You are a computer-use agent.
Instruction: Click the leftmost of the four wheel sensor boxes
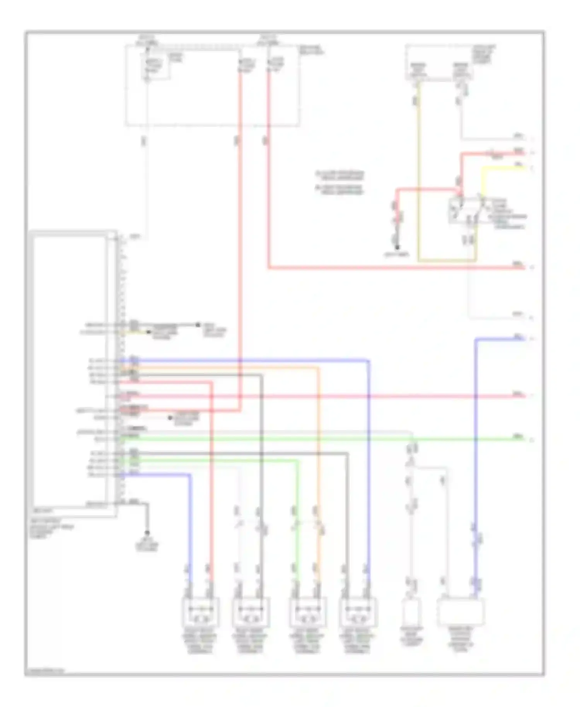click(x=200, y=612)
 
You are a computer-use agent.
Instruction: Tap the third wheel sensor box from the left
click(x=308, y=612)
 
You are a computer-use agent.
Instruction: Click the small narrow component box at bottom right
click(x=412, y=613)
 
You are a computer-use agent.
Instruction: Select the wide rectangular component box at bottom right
click(x=460, y=612)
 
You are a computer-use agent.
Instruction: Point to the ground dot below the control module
click(x=147, y=533)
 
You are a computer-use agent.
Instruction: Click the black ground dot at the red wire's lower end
click(x=397, y=246)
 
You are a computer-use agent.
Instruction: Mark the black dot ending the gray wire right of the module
click(x=198, y=324)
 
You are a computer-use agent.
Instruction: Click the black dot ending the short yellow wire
click(x=148, y=332)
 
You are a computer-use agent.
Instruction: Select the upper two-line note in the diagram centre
click(x=339, y=175)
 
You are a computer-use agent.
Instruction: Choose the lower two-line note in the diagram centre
click(x=339, y=189)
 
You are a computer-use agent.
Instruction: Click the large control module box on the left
click(x=70, y=371)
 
